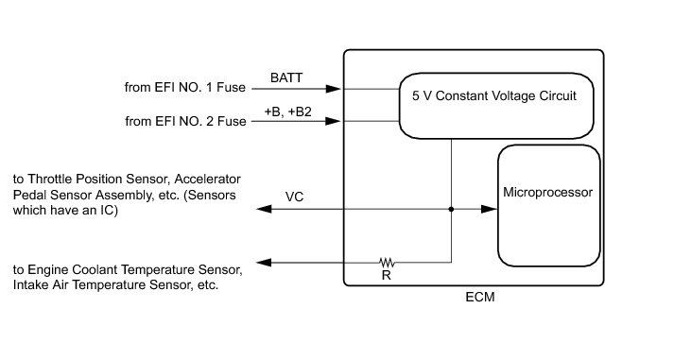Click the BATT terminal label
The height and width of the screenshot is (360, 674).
pos(286,77)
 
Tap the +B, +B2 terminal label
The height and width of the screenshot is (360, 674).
pos(287,111)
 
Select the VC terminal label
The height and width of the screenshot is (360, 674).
pos(294,197)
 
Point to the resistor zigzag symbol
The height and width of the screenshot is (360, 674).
pos(387,262)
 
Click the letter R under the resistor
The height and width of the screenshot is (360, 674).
pos(386,275)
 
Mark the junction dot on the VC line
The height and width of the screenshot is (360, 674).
pos(451,209)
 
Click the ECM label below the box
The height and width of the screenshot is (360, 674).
pos(479,297)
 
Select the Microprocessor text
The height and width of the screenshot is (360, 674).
pos(547,192)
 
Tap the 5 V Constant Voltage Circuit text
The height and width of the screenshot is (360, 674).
pos(493,95)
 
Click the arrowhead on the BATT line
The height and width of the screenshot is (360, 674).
pos(333,89)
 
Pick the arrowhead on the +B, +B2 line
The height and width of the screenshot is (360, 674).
pos(333,121)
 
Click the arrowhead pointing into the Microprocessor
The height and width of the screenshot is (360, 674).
pos(489,209)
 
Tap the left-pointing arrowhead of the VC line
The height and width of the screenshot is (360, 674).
pos(264,209)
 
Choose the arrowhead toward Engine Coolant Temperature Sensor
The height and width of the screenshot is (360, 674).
pos(264,263)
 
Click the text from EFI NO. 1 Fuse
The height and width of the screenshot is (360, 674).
pos(185,87)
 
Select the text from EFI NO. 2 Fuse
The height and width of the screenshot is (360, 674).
pos(185,121)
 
